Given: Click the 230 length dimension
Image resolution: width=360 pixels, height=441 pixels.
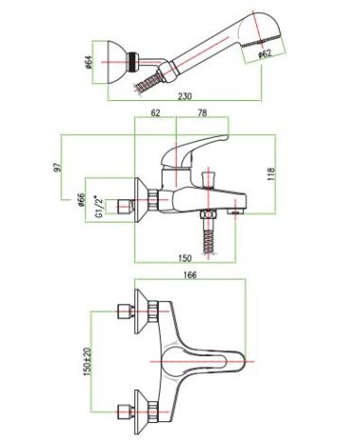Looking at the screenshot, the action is pyautogui.click(x=184, y=95).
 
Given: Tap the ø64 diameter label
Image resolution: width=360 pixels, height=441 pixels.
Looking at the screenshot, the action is pyautogui.click(x=89, y=62).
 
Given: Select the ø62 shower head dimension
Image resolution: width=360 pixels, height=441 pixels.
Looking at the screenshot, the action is pyautogui.click(x=265, y=54).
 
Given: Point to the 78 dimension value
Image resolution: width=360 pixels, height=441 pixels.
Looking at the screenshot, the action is pyautogui.click(x=201, y=112).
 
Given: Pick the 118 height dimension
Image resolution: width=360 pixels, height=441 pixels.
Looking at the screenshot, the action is pyautogui.click(x=271, y=174).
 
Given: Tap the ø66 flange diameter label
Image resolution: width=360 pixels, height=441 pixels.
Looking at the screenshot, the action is pyautogui.click(x=81, y=199).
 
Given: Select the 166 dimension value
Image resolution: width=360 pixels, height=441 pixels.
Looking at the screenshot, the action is pyautogui.click(x=190, y=275).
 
